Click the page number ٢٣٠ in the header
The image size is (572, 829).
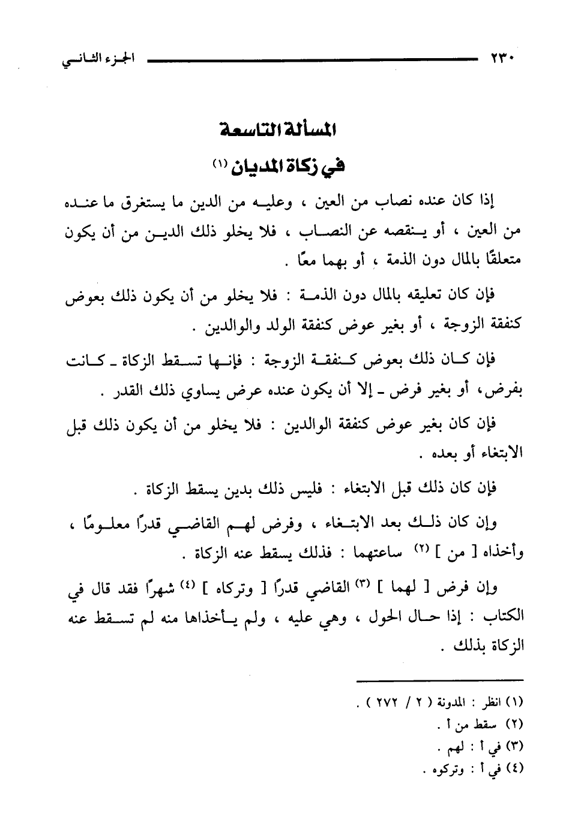click(504, 59)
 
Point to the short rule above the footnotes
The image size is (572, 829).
click(439, 679)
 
